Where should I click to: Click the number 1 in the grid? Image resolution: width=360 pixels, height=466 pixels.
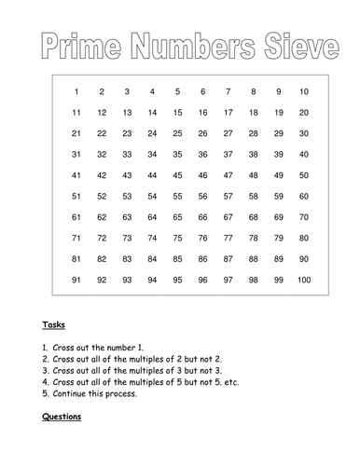tap(76, 92)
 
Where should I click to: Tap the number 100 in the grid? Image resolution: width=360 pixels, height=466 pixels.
tap(302, 280)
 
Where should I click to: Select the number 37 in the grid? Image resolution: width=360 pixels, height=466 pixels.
tap(228, 155)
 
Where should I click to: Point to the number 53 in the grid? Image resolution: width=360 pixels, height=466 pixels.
tap(127, 197)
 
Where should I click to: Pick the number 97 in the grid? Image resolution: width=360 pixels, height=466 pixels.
tap(228, 280)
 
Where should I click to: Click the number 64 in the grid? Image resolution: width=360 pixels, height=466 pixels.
tap(152, 217)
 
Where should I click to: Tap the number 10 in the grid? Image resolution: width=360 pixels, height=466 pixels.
tap(303, 92)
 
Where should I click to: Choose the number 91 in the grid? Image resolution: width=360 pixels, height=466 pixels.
tap(76, 280)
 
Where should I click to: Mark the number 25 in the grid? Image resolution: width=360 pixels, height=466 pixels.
tap(177, 134)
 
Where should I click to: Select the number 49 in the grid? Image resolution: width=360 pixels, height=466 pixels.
tap(278, 175)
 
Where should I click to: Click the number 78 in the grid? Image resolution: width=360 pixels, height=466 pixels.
tap(253, 238)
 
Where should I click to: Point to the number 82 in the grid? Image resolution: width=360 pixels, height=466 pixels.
tap(102, 259)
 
